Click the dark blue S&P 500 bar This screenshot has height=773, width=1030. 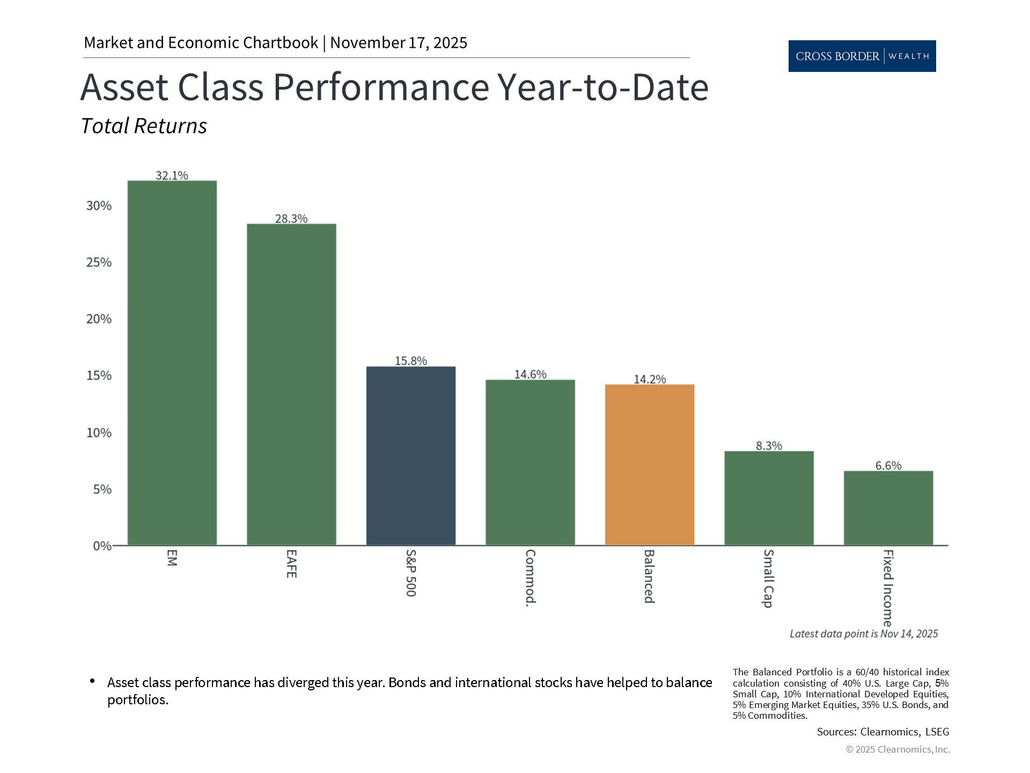pos(410,456)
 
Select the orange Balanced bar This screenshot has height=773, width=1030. pos(649,465)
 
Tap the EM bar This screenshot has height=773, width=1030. pos(172,363)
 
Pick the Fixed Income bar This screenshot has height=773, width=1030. pos(888,508)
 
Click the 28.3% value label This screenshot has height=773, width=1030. pos(291,218)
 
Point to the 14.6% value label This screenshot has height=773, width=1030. pos(530,374)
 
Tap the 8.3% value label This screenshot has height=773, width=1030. pos(769,446)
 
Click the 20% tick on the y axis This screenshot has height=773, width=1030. pos(99,319)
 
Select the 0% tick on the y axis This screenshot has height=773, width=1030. pos(102,546)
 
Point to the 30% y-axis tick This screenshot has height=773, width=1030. pos(99,206)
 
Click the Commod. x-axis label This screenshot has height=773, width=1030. pos(530,578)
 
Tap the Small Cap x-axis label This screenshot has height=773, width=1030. pos(768,578)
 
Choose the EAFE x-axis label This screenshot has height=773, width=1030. pos(291,563)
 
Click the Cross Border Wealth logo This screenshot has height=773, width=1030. pos(862,56)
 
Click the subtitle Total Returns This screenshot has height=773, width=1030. pos(144,126)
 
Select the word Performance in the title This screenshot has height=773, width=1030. pos(380,87)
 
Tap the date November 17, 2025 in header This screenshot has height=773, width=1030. pos(399,42)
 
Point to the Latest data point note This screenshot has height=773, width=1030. pos(863,634)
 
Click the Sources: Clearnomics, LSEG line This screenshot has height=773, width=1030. pos(882,732)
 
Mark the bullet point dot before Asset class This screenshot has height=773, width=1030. pos(92,681)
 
